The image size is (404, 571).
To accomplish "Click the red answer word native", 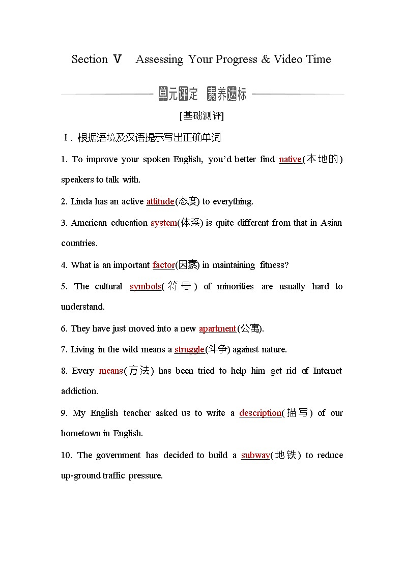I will (290, 159).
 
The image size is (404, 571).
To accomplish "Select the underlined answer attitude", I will (160, 201).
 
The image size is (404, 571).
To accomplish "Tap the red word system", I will (164, 223).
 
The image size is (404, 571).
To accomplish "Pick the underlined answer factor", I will (163, 265).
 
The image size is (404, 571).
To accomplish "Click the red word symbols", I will (146, 286).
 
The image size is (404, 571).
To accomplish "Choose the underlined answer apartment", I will (217, 328).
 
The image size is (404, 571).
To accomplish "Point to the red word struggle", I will (189, 349).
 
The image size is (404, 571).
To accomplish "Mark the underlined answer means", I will (111, 371).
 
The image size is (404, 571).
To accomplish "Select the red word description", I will (260, 413).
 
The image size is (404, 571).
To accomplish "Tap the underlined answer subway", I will (255, 455).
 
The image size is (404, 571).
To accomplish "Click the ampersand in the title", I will (266, 59).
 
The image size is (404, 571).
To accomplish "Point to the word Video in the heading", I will (288, 59).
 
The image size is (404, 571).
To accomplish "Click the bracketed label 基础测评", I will (202, 116).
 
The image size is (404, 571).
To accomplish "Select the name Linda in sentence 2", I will (81, 201).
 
